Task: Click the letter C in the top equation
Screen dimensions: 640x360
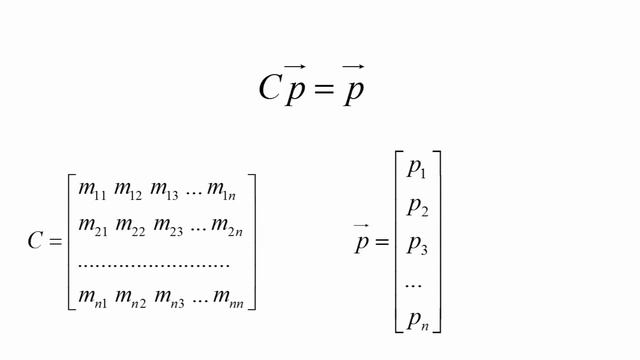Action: point(270,87)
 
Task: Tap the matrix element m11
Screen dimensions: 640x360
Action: point(92,191)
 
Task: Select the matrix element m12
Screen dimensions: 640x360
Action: point(128,191)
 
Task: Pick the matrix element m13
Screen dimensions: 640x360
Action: point(164,191)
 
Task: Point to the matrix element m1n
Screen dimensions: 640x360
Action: point(222,191)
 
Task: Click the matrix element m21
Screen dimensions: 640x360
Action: point(93,227)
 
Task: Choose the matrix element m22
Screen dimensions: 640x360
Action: point(130,227)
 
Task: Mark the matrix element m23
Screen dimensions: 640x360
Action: point(168,227)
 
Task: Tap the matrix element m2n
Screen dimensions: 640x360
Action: point(227,227)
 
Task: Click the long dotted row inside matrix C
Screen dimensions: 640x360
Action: point(153,266)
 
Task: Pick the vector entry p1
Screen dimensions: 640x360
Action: point(417,169)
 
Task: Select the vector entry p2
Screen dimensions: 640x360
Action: point(418,207)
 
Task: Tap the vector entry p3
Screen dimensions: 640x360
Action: point(418,245)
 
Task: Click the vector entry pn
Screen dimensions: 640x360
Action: point(418,320)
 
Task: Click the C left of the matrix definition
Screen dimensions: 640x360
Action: point(35,240)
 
